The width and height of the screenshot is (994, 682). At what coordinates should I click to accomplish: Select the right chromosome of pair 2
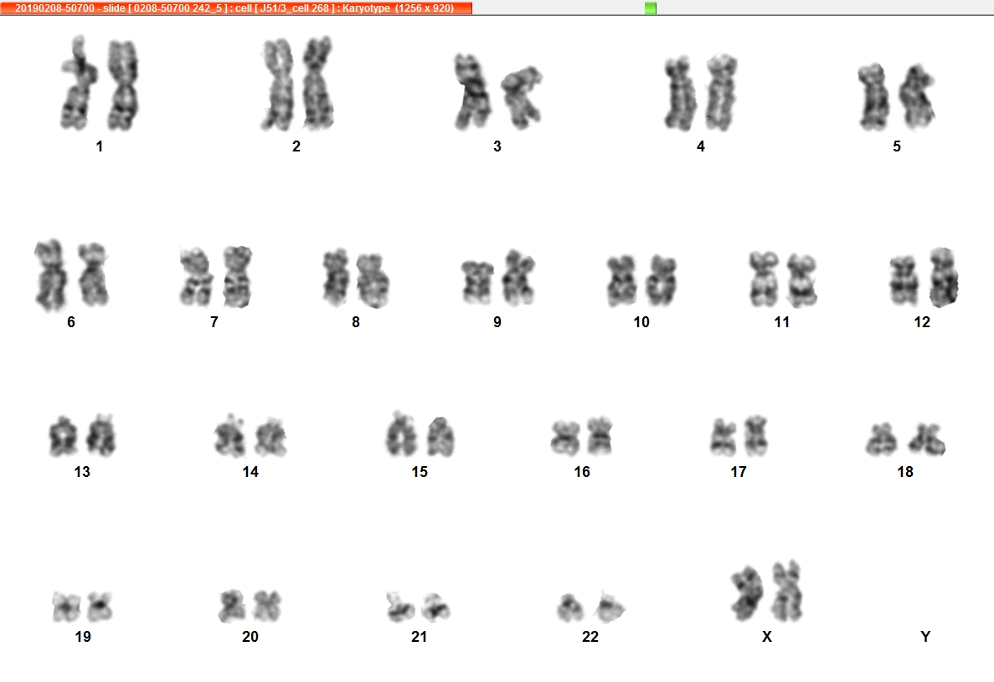[317, 84]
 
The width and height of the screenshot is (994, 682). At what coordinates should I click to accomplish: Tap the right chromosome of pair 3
[522, 97]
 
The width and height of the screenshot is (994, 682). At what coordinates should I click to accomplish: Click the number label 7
[214, 322]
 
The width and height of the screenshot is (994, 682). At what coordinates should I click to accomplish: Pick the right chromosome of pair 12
[944, 277]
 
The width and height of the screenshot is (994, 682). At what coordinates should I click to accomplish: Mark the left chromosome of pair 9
[478, 282]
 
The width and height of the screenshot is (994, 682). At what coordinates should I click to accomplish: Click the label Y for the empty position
[924, 637]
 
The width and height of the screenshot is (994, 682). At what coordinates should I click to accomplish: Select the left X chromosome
[748, 593]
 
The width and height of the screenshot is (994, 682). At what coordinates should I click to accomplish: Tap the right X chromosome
[787, 590]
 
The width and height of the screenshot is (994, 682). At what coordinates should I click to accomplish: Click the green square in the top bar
[651, 8]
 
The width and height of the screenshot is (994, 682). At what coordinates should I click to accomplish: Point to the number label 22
[590, 637]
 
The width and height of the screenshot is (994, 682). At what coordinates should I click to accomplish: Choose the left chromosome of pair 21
[399, 607]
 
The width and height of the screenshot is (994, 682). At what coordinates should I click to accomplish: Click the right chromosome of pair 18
[928, 439]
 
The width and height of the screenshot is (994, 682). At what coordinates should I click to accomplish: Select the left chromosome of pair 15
[400, 433]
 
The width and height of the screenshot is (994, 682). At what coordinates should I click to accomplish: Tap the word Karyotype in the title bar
[366, 8]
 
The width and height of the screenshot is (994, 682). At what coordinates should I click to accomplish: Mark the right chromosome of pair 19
[100, 606]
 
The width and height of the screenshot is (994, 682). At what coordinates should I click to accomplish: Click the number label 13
[82, 472]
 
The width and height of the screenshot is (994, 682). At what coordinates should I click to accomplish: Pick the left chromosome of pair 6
[51, 275]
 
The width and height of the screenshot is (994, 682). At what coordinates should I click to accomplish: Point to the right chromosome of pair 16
[599, 435]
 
